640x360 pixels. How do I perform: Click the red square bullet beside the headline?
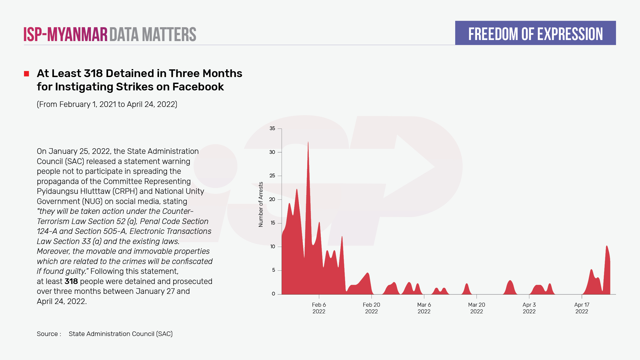point(26,74)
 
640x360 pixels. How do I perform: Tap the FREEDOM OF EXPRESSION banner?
point(535,33)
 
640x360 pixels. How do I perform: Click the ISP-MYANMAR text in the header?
point(65,34)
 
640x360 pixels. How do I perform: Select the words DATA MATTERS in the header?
point(153,34)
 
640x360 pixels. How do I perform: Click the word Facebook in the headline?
point(198,87)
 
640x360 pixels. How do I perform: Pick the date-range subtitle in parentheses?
point(107,104)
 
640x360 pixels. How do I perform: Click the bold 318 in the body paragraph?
point(71,281)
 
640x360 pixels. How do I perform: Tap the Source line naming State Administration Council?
point(105,334)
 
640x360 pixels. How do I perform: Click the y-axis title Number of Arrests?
point(261,204)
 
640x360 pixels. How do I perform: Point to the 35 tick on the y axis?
point(272,129)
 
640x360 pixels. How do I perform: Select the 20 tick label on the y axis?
point(272,199)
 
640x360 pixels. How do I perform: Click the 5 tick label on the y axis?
point(273,270)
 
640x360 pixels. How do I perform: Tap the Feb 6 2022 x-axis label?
point(319,308)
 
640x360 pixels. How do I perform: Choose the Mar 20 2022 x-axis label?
point(476,308)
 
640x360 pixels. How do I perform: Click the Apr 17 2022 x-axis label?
point(582,308)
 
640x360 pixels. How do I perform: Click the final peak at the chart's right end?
point(607,247)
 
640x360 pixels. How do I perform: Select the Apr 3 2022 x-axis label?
point(529,308)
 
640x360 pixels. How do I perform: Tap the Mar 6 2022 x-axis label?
point(424,308)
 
